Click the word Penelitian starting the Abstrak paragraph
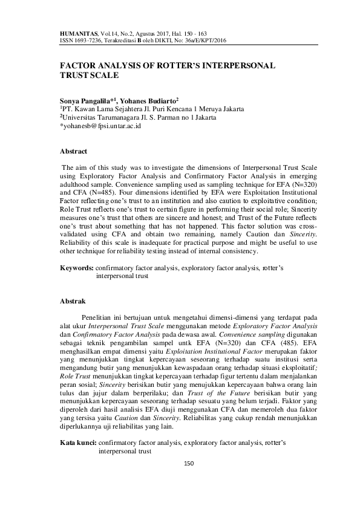[101, 316]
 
